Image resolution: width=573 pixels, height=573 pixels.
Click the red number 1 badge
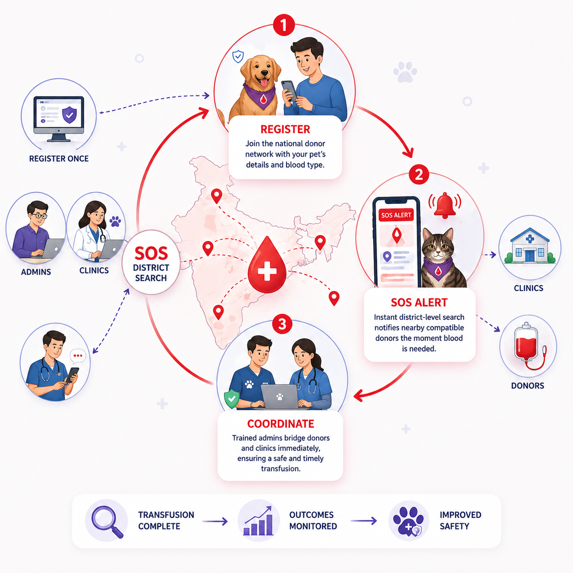[284, 25]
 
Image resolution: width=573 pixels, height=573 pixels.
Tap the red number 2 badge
[419, 175]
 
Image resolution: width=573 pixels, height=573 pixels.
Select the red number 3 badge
[282, 324]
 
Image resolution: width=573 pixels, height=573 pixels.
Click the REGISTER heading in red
[285, 129]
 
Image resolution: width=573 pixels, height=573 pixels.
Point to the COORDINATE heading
[281, 424]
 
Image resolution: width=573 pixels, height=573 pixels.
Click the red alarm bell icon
[445, 206]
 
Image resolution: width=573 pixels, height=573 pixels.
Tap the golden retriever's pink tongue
[264, 82]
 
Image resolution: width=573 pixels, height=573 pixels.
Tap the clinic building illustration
[530, 245]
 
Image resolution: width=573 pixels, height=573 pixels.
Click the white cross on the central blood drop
[267, 271]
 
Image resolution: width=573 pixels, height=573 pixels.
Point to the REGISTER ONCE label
[59, 159]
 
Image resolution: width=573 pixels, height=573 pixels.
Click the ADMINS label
[36, 272]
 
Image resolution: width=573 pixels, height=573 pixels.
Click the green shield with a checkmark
[232, 399]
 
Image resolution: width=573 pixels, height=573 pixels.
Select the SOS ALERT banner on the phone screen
[396, 215]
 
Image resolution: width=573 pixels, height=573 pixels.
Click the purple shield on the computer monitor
[69, 115]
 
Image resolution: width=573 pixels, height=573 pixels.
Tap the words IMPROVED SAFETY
[460, 520]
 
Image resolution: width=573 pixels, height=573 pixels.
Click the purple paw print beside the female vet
[115, 221]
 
